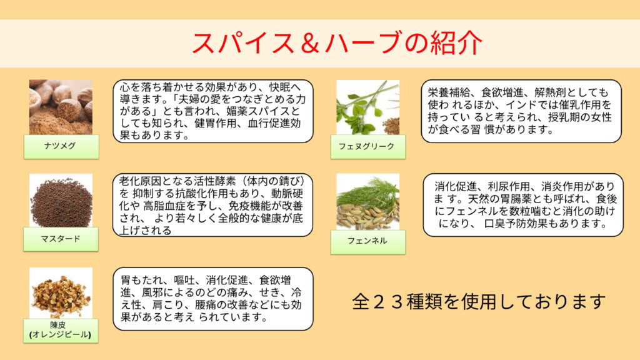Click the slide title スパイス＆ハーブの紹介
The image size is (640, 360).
point(337,43)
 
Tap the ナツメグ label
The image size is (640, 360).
point(61,146)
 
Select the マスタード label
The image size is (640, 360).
point(61,239)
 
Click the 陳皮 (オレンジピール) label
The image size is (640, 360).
point(61,330)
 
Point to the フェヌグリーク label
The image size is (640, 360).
point(367,146)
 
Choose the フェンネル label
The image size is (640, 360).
point(367,242)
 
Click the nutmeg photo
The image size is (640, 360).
point(61,107)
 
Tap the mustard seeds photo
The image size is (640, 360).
point(61,201)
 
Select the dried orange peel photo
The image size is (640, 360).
point(61,293)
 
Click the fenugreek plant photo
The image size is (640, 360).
point(367,107)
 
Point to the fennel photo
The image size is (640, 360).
point(367,202)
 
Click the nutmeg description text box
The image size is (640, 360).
point(213,111)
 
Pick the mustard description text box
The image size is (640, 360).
point(212,205)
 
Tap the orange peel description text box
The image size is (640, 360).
point(213,299)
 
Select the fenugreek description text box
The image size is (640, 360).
point(521,111)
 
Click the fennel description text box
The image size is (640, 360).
point(523,205)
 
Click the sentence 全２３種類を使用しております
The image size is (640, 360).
point(479,302)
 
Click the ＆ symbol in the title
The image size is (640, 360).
point(310,43)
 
